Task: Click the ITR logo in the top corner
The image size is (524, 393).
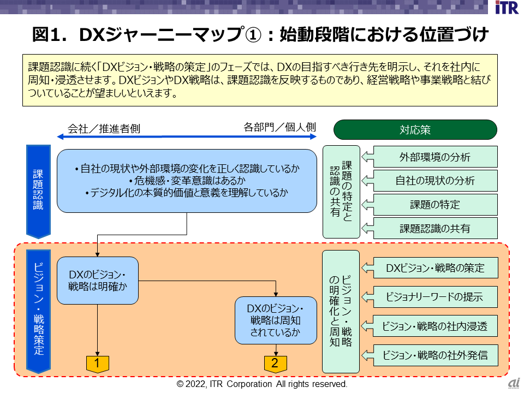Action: pyautogui.click(x=506, y=8)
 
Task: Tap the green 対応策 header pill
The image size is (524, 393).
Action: pyautogui.click(x=415, y=130)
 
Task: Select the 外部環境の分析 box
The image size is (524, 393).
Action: pyautogui.click(x=434, y=157)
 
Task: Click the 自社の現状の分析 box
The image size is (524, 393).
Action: pyautogui.click(x=434, y=181)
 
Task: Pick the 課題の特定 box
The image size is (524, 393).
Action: pyautogui.click(x=434, y=205)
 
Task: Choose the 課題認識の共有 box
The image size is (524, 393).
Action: pyautogui.click(x=434, y=229)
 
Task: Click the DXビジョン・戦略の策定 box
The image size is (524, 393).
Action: pyautogui.click(x=434, y=268)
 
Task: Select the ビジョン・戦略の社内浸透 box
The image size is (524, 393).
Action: pyautogui.click(x=434, y=326)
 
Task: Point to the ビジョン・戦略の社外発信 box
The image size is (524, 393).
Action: pyautogui.click(x=434, y=356)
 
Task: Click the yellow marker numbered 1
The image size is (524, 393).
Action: pyautogui.click(x=97, y=363)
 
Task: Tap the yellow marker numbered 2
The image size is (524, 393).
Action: pyautogui.click(x=275, y=363)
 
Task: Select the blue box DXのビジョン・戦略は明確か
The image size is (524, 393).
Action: pyautogui.click(x=98, y=280)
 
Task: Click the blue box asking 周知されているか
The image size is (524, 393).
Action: pyautogui.click(x=275, y=320)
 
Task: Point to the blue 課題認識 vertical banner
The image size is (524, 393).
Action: pyautogui.click(x=38, y=190)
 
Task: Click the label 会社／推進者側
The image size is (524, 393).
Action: pyautogui.click(x=104, y=129)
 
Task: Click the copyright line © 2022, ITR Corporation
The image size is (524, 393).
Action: pyautogui.click(x=262, y=384)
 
